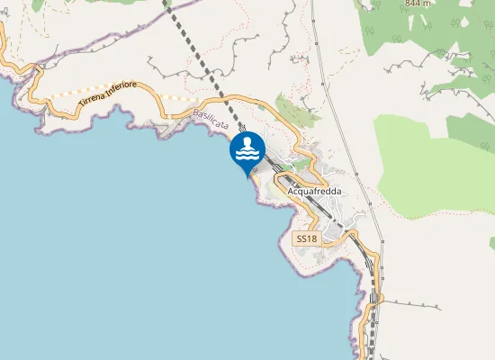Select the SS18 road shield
[307, 239]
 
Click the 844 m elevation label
[418, 4]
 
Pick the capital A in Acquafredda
[290, 191]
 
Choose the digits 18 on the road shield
[311, 239]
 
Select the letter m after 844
[428, 4]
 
